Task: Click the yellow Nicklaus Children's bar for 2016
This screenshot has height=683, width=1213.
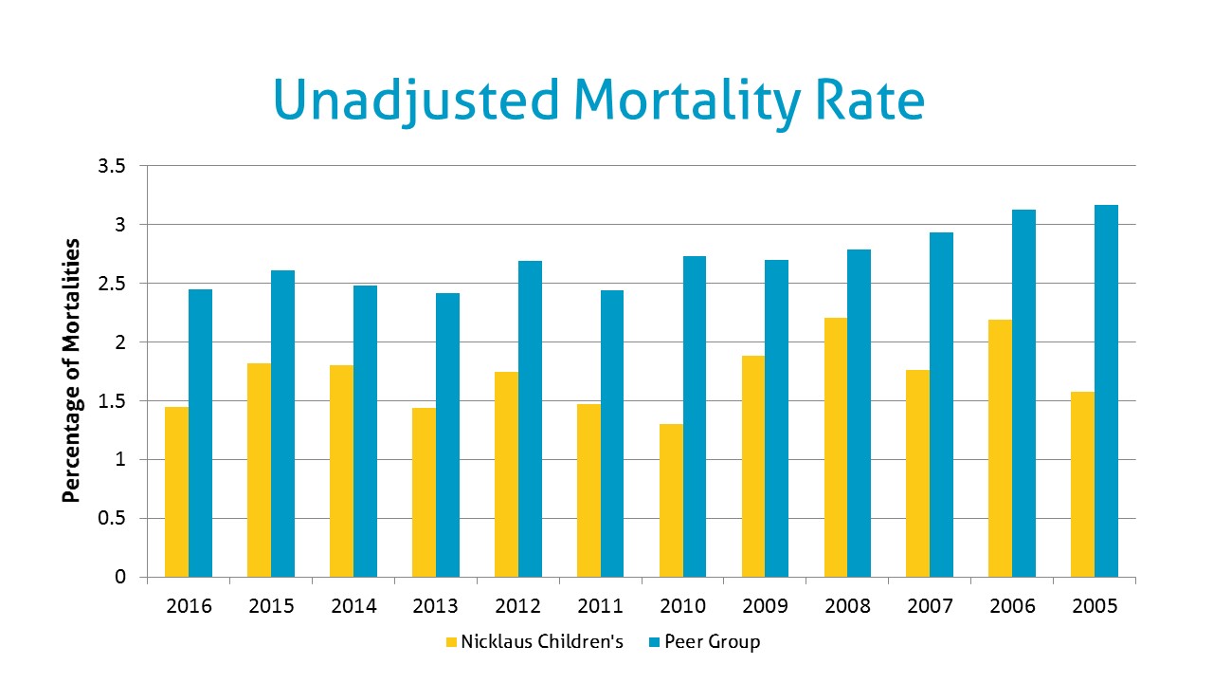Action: tap(176, 491)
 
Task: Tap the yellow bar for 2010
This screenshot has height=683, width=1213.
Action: tap(671, 500)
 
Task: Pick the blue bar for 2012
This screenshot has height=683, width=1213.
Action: tap(530, 418)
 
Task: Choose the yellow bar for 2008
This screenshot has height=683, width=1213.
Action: tap(836, 447)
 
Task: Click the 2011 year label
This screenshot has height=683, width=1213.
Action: tap(600, 605)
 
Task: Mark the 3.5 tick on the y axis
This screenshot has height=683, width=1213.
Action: tap(112, 167)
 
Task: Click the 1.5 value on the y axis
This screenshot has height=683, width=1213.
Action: tap(112, 401)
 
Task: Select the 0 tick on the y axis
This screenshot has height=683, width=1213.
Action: tap(119, 577)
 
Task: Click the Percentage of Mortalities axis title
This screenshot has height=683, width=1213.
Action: tap(71, 370)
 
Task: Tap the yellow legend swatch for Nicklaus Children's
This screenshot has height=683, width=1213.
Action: tap(451, 642)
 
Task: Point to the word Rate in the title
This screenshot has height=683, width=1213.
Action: tap(869, 101)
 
